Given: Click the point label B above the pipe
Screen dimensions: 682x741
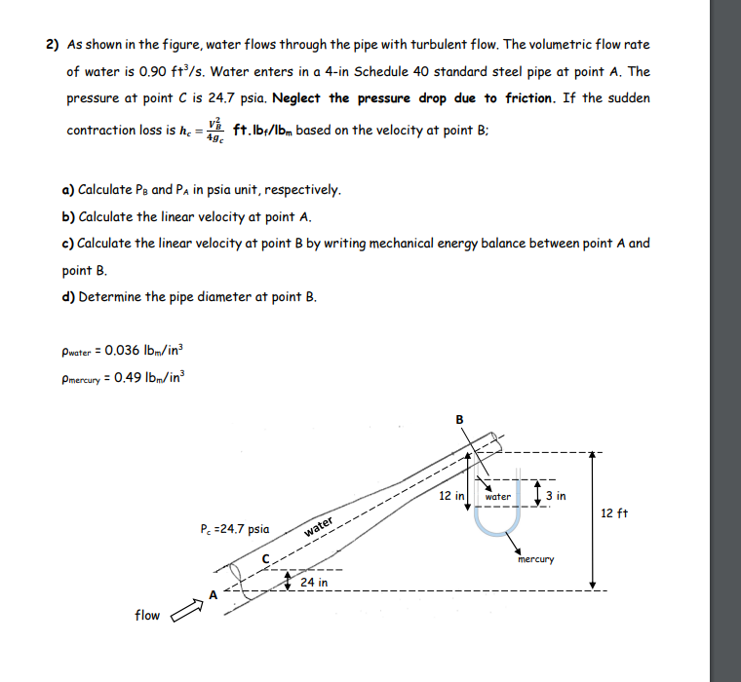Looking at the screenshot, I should [x=460, y=420].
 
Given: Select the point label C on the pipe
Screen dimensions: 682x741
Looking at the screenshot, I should [x=264, y=557].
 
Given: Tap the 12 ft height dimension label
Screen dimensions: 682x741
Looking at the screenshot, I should [x=615, y=513].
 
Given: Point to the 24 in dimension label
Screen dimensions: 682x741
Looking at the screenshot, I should [x=314, y=583].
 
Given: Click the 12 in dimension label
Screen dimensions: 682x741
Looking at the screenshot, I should [x=451, y=496].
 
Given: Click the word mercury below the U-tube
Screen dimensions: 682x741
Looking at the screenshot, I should [x=536, y=559].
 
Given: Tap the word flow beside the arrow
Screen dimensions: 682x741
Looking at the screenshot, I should [x=148, y=615].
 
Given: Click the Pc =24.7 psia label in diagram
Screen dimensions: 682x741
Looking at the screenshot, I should [x=233, y=529].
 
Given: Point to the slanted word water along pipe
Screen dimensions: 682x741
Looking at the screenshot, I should [x=321, y=528].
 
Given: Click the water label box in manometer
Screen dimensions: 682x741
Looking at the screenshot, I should [x=498, y=496].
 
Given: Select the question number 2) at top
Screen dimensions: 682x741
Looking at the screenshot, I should [x=52, y=45].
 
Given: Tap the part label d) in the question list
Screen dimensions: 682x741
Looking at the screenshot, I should [x=69, y=297].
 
